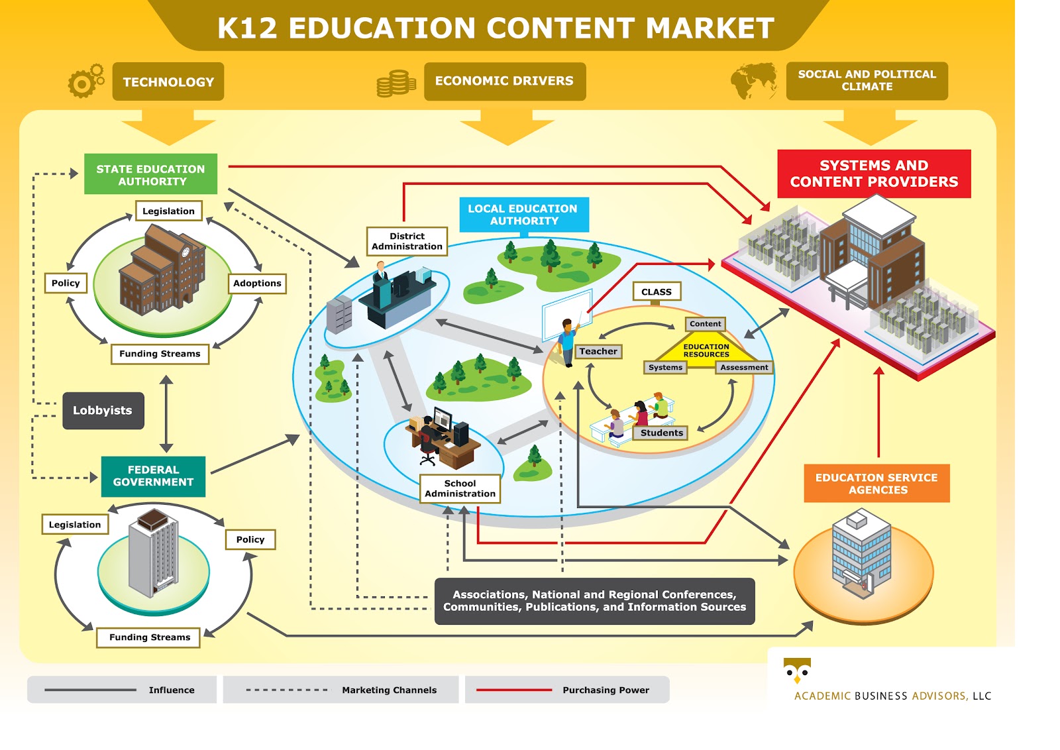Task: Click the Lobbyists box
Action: point(103,411)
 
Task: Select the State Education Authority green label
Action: point(151,175)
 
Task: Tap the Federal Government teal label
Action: point(153,476)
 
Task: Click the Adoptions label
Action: point(257,284)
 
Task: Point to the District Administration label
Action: point(407,241)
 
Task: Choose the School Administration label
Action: point(460,489)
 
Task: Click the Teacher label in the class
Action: point(598,352)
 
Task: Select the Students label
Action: point(661,433)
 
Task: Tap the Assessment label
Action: point(744,368)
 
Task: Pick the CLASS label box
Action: point(656,292)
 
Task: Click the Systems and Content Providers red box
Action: point(874,174)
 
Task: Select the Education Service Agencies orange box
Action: point(876,484)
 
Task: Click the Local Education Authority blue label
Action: point(523,215)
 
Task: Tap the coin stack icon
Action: point(396,83)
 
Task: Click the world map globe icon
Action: point(754,81)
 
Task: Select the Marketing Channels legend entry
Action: point(341,690)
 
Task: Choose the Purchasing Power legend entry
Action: point(567,690)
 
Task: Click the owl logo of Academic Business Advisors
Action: point(797,670)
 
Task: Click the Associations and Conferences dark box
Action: point(594,601)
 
